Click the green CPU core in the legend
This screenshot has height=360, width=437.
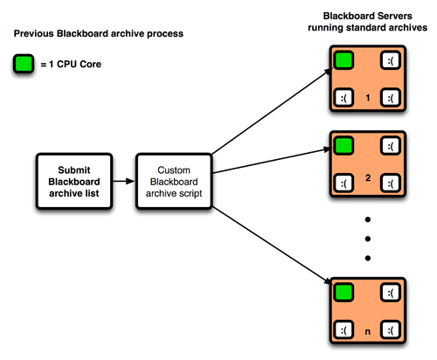point(24,64)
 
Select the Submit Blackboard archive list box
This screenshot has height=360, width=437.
point(74,181)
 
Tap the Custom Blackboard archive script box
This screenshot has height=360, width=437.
point(174,181)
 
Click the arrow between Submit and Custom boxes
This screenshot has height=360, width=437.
point(124,181)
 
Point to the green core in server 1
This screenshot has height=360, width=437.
point(343,60)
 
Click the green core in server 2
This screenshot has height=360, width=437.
point(343,146)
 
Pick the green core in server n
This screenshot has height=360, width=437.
point(343,292)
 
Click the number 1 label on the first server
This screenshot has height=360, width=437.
point(368,98)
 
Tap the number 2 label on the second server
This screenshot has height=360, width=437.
point(368,177)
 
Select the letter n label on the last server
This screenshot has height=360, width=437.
point(368,331)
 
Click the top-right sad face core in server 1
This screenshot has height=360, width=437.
point(391,60)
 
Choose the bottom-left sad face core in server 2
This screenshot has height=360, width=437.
point(343,183)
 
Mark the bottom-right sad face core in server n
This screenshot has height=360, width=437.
point(391,329)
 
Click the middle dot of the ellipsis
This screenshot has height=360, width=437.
point(368,239)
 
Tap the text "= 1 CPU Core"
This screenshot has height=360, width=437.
point(71,64)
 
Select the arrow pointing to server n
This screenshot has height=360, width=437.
point(272,246)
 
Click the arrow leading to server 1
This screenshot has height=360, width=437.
point(272,111)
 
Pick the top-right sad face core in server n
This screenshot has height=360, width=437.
point(391,292)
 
